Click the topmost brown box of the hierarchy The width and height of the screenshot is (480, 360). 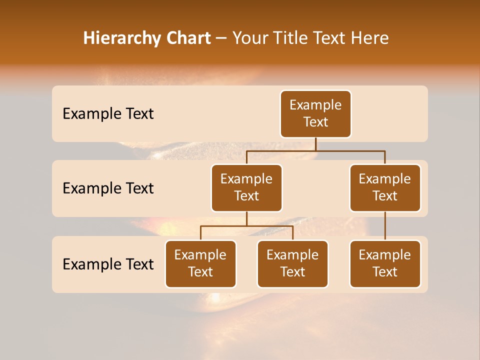click(315, 114)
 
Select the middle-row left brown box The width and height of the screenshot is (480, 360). click(246, 188)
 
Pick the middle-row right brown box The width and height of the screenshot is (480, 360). click(385, 188)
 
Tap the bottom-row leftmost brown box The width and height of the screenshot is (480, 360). click(200, 264)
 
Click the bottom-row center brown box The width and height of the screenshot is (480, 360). click(292, 264)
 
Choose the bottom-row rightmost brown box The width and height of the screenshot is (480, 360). click(385, 264)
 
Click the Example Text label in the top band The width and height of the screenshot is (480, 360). click(108, 114)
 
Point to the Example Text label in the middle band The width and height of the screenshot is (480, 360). click(108, 188)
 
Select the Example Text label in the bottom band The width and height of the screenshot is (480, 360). click(108, 264)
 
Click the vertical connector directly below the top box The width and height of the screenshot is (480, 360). click(315, 144)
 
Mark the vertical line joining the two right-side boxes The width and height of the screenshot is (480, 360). click(385, 226)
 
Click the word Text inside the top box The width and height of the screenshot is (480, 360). click(315, 122)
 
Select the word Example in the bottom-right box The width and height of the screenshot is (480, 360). click(384, 255)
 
